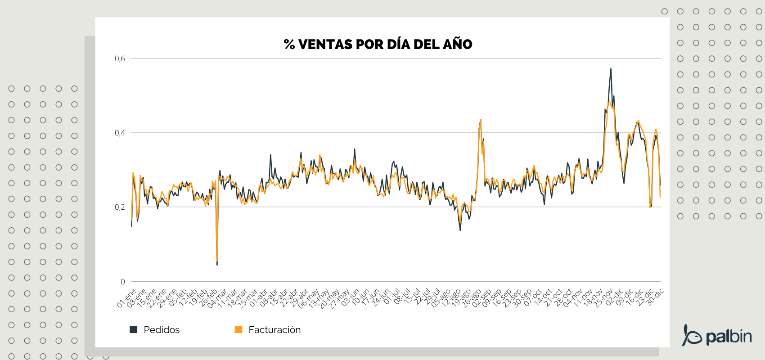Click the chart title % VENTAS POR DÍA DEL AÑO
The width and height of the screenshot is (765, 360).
[x=378, y=44]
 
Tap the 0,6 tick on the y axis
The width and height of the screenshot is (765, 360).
[x=120, y=58]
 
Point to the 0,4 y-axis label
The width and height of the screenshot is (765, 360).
[x=120, y=133]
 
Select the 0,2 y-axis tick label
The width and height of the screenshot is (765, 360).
[x=120, y=207]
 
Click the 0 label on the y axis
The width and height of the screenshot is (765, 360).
[x=123, y=282]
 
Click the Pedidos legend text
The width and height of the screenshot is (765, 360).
[x=162, y=330]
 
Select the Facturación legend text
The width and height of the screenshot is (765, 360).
[x=274, y=330]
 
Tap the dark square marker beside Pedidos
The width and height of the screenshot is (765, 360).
[x=133, y=330]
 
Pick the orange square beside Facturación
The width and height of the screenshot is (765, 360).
[x=238, y=330]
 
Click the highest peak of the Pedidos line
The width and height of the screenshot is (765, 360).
[x=611, y=69]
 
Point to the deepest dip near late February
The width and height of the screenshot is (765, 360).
[x=217, y=264]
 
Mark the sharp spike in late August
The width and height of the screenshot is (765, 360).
[x=481, y=120]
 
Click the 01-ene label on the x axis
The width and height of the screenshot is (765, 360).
[x=126, y=299]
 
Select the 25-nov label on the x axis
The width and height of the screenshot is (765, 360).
[x=603, y=299]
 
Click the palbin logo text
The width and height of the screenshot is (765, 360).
[x=729, y=337]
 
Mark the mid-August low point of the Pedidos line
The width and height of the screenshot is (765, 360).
[x=460, y=230]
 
